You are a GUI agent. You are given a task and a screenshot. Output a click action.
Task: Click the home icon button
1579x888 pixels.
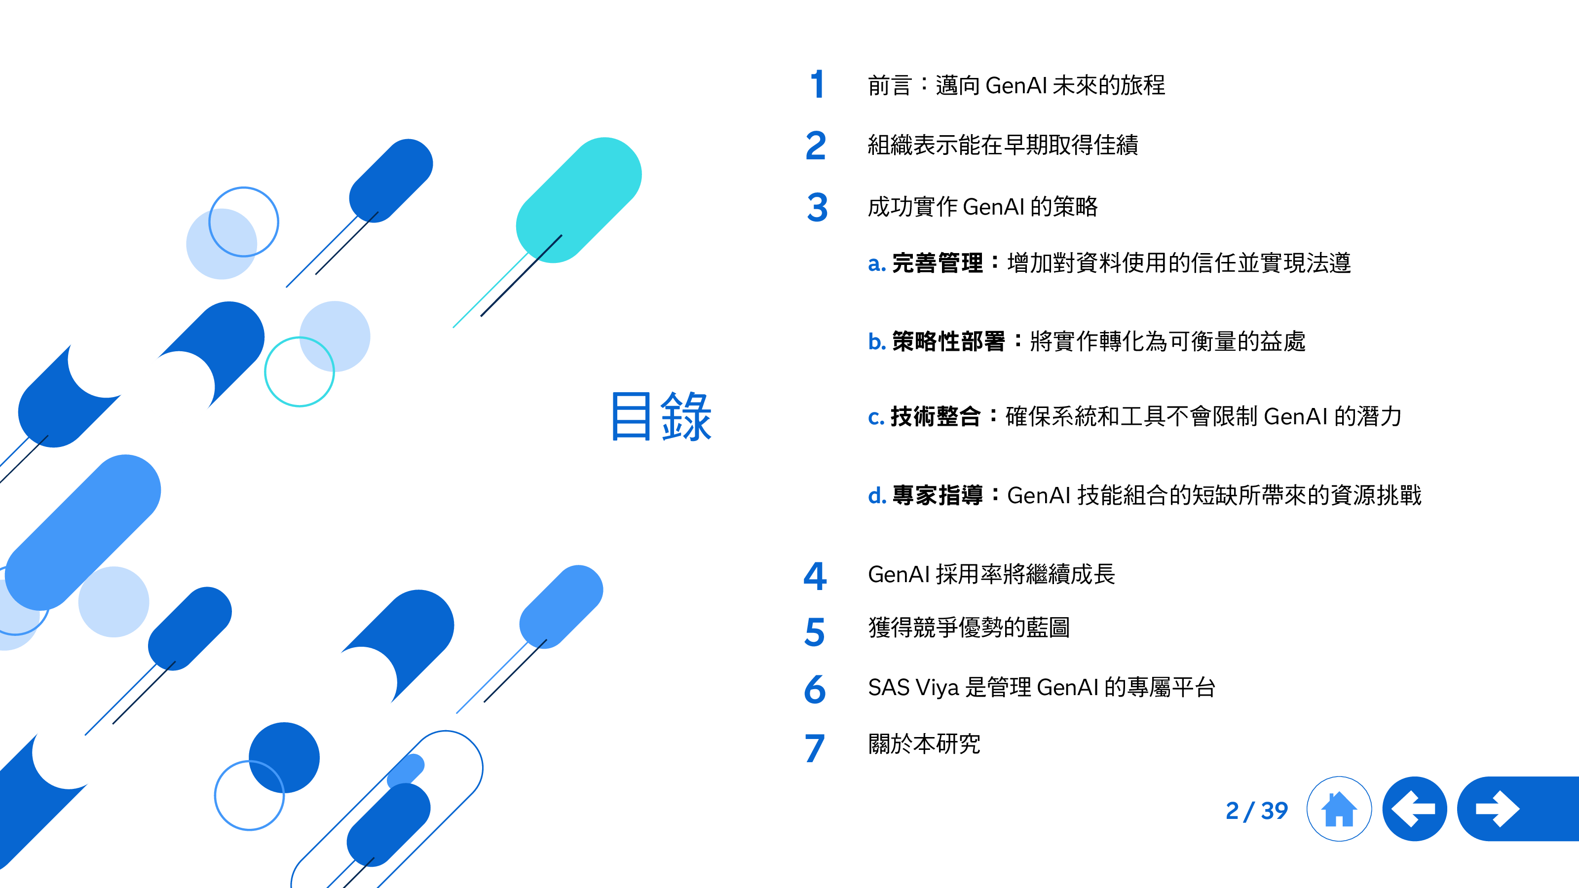(1339, 809)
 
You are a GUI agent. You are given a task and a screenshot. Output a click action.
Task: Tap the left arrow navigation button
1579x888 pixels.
(1414, 809)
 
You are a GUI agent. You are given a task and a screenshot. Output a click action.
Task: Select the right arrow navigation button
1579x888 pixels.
(1518, 809)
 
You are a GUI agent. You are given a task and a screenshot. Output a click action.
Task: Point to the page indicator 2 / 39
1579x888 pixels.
(1257, 811)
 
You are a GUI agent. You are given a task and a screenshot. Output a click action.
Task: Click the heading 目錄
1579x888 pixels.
(661, 417)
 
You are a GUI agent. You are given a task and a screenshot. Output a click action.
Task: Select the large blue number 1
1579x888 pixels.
(817, 84)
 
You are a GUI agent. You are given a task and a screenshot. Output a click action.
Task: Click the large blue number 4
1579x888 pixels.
(815, 576)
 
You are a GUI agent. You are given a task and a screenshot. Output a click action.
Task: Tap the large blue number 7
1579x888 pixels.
(815, 748)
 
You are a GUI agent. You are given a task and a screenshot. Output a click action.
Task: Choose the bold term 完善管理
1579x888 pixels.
(937, 263)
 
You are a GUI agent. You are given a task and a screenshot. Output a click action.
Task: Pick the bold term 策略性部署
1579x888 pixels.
(948, 341)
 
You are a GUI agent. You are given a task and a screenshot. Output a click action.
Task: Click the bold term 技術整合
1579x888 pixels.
(936, 417)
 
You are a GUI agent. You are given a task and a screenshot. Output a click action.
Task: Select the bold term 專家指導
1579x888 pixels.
(937, 495)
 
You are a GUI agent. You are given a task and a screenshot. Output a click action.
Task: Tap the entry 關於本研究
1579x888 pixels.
(924, 744)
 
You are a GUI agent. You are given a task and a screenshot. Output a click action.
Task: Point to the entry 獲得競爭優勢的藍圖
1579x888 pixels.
(969, 628)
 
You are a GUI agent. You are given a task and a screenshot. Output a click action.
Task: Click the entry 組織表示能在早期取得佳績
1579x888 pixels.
(1003, 145)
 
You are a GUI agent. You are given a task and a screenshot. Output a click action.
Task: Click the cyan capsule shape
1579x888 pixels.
(579, 200)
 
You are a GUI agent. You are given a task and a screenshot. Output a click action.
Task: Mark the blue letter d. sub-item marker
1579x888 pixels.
(877, 495)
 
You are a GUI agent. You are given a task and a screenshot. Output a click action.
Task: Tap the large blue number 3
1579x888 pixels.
(817, 207)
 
